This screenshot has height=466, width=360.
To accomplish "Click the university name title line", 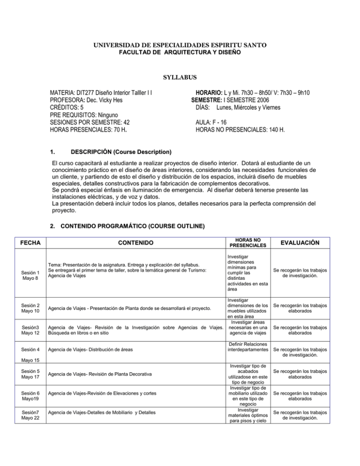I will tap(180, 45).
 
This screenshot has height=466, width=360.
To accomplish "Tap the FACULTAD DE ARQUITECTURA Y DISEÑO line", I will tap(180, 53).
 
